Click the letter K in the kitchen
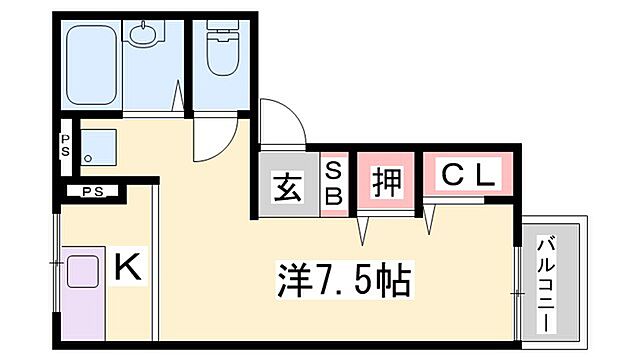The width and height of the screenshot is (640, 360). click(x=127, y=267)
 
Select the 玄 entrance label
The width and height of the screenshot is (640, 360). click(x=287, y=185)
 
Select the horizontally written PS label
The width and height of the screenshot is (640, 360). click(x=93, y=191)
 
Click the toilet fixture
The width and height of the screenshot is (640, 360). click(x=220, y=50)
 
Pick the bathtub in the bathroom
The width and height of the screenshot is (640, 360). click(x=92, y=65)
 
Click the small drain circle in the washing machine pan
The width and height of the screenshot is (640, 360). click(x=90, y=159)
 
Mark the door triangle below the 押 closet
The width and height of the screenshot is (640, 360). click(x=364, y=229)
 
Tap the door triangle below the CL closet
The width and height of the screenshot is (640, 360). click(x=430, y=220)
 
